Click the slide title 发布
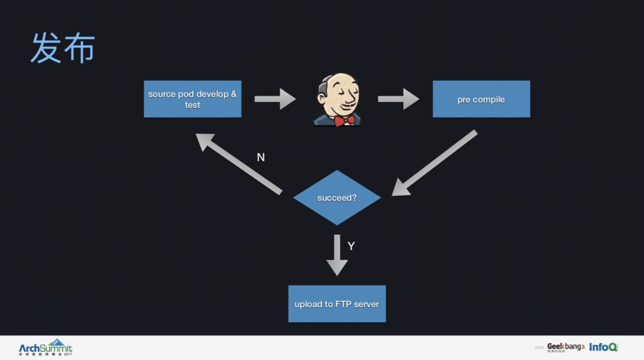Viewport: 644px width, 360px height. point(63,48)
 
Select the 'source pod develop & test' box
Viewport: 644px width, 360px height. point(192,99)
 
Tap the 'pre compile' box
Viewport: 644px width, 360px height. point(481,99)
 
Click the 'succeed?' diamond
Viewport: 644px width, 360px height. point(337,197)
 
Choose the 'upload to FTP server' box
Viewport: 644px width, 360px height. point(337,304)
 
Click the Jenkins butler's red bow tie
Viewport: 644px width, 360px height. point(344,120)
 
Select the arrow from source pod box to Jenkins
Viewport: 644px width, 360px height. point(275,99)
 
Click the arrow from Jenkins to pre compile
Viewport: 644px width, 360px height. point(398,99)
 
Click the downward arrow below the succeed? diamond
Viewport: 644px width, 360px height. point(337,255)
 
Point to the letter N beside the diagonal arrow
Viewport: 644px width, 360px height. point(261,157)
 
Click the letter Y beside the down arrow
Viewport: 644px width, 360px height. point(351,246)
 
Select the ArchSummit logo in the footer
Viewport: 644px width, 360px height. point(45,347)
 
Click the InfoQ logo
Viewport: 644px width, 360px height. point(603,347)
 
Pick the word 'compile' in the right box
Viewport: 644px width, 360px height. point(489,100)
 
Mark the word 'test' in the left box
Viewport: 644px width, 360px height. point(193,105)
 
